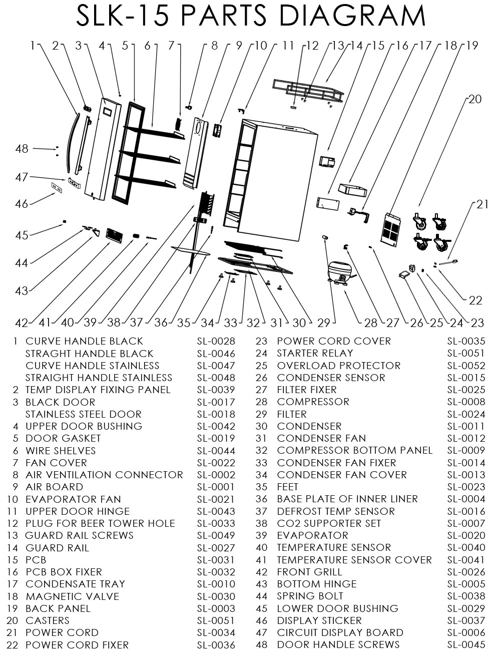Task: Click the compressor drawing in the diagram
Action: [340, 273]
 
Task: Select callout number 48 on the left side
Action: [22, 149]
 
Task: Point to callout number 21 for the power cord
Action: [482, 204]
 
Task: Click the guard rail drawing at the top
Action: [308, 90]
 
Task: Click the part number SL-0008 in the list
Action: [466, 402]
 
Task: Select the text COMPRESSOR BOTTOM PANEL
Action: [354, 451]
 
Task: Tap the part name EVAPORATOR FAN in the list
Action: [73, 499]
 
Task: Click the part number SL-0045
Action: [466, 644]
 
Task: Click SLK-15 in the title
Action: [123, 16]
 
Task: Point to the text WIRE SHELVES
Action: [61, 451]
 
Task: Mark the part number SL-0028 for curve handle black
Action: [216, 342]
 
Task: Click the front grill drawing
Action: [116, 234]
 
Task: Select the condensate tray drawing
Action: [353, 190]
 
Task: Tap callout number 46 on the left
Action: [22, 204]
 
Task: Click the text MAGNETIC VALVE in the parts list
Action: [73, 596]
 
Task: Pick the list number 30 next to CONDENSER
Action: [261, 427]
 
